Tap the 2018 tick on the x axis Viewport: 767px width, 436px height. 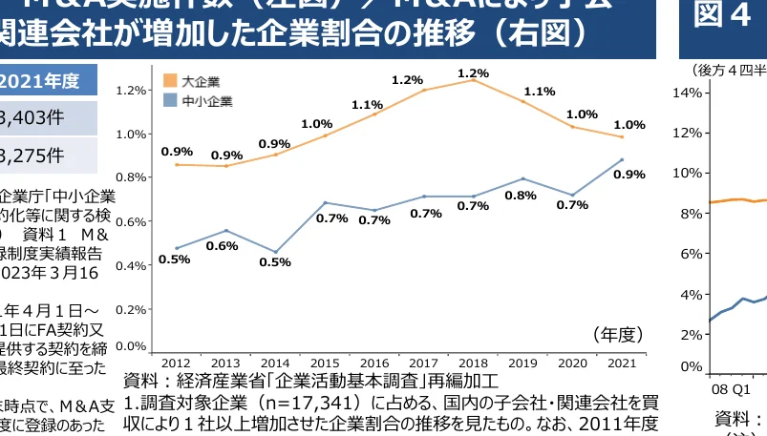tap(474, 363)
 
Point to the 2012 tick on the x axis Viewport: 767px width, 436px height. tap(176, 363)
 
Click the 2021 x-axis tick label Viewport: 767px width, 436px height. tap(623, 363)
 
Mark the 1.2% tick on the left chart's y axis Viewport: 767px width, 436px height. tap(130, 91)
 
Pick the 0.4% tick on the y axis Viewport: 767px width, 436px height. tap(130, 264)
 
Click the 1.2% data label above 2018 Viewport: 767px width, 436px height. tap(474, 73)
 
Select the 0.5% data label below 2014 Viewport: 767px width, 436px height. tap(275, 262)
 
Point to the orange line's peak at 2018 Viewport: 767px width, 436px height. tap(474, 80)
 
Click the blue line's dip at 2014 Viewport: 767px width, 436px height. tap(275, 252)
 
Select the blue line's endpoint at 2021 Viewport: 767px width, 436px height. tap(623, 159)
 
